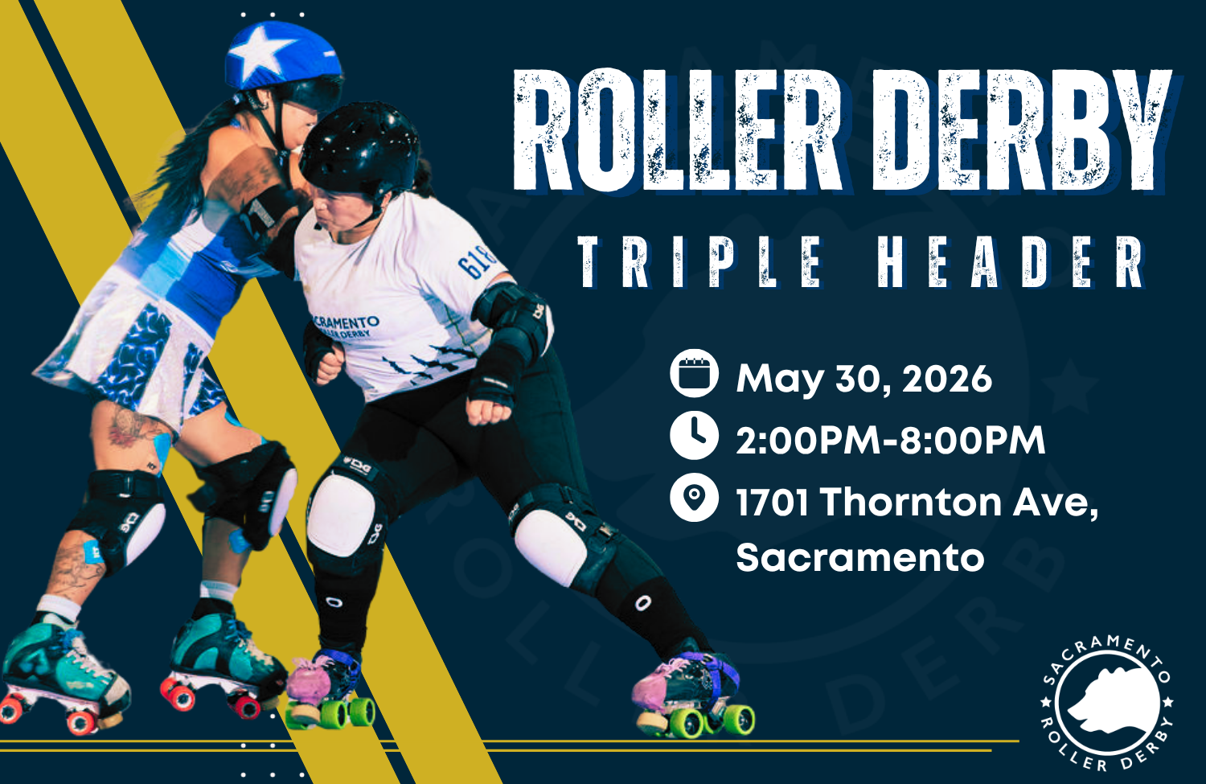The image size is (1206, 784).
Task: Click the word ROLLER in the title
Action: (675, 130)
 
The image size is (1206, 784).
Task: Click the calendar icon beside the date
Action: (694, 374)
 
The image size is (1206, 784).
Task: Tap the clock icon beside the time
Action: (694, 436)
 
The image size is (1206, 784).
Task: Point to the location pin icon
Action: (694, 498)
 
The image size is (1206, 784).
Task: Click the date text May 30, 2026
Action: (863, 378)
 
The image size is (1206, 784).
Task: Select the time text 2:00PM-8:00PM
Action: (890, 440)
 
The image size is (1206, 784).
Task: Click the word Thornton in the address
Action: (909, 503)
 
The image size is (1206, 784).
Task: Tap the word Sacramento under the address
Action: (859, 557)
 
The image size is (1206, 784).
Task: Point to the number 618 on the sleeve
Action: (476, 261)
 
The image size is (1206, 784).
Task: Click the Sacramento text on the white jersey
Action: (346, 324)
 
